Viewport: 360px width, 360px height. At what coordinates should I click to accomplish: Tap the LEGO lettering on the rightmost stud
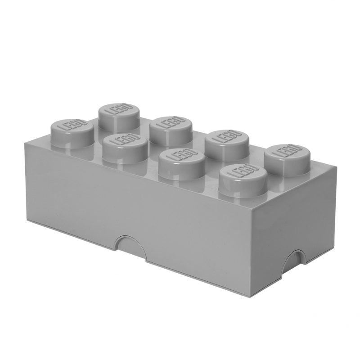[286, 151]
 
